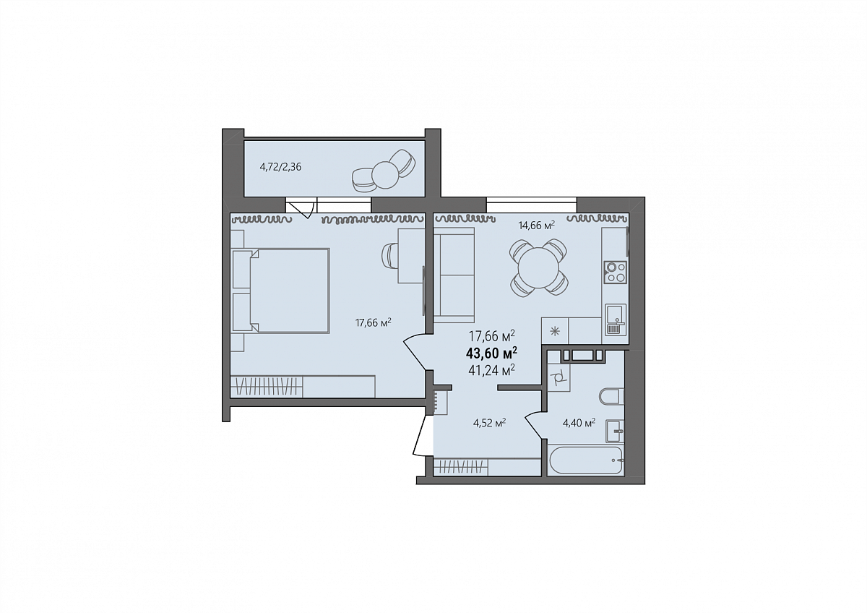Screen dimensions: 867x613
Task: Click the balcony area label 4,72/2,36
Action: pyautogui.click(x=280, y=167)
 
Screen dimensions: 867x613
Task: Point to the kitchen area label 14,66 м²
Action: pyautogui.click(x=537, y=226)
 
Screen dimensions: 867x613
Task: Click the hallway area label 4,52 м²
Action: pyautogui.click(x=490, y=423)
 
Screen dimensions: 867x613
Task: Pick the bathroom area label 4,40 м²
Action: pyautogui.click(x=579, y=423)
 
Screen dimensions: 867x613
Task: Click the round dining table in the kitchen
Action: pyautogui.click(x=539, y=268)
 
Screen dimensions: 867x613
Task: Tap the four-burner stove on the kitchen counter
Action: pyautogui.click(x=615, y=272)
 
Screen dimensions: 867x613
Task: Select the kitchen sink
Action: pyautogui.click(x=615, y=320)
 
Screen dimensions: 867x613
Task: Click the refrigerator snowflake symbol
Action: pyautogui.click(x=555, y=331)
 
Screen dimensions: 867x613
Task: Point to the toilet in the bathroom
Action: pyautogui.click(x=611, y=397)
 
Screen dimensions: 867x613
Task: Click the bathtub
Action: pyautogui.click(x=586, y=460)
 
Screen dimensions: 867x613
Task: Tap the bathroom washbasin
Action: pyautogui.click(x=615, y=431)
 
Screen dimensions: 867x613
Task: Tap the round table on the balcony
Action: pyautogui.click(x=385, y=175)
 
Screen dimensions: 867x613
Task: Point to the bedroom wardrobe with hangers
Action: pyautogui.click(x=267, y=386)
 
